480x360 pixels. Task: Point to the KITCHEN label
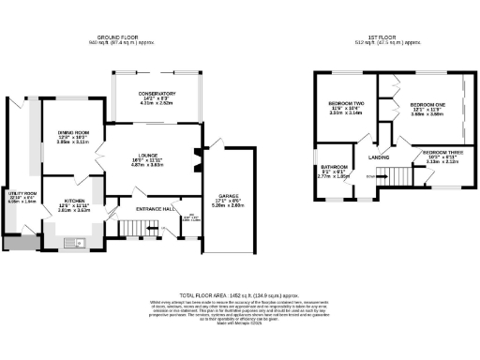pos(76,201)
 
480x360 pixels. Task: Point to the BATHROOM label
pos(336,168)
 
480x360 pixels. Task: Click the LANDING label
pos(379,157)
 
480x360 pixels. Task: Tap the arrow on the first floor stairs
pos(380,175)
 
